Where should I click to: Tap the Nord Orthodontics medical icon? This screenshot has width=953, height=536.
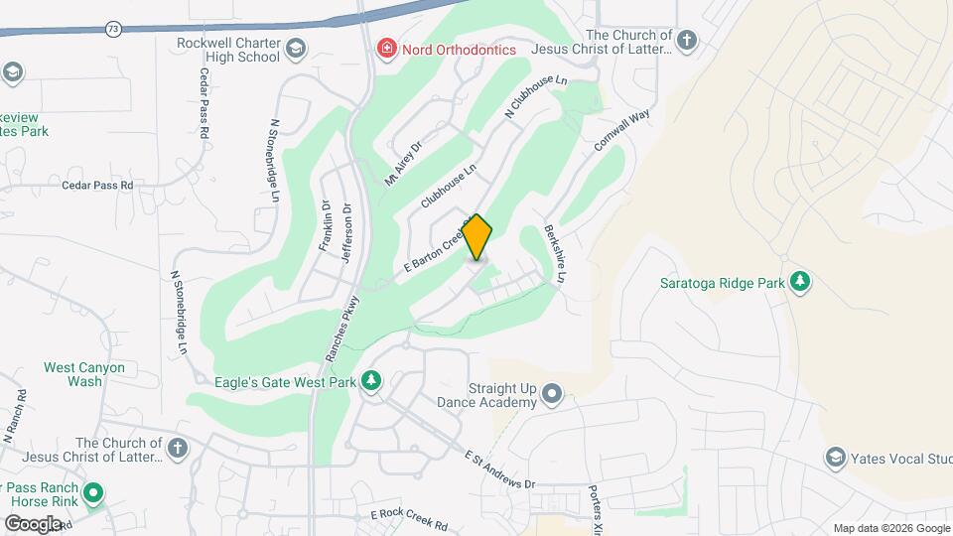pyautogui.click(x=385, y=49)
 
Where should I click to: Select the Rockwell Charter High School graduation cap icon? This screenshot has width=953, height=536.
pyautogui.click(x=296, y=49)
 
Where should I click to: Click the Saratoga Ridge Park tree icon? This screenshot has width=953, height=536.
pyautogui.click(x=800, y=283)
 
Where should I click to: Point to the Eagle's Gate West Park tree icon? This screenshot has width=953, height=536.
pyautogui.click(x=371, y=381)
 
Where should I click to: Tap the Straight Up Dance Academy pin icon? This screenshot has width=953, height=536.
pyautogui.click(x=553, y=395)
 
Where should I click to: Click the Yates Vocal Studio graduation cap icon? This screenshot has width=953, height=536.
pyautogui.click(x=835, y=458)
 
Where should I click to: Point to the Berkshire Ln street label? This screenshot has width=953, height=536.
pyautogui.click(x=555, y=255)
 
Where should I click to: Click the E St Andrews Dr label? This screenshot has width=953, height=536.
pyautogui.click(x=500, y=469)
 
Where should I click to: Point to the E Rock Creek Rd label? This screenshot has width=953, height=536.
pyautogui.click(x=409, y=518)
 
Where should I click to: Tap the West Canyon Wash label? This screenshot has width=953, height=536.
pyautogui.click(x=84, y=374)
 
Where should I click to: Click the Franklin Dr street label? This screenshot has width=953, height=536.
pyautogui.click(x=324, y=226)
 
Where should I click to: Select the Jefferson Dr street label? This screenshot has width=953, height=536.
pyautogui.click(x=346, y=228)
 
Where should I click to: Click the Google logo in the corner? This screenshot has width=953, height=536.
pyautogui.click(x=33, y=523)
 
